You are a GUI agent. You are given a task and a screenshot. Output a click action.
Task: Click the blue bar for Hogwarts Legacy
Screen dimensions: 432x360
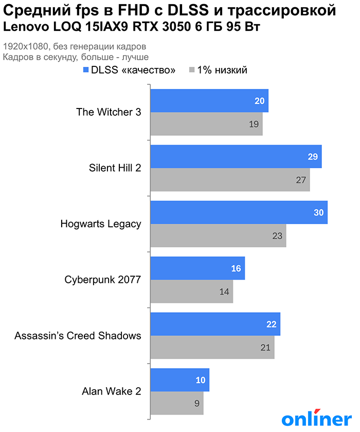pyautogui.click(x=239, y=212)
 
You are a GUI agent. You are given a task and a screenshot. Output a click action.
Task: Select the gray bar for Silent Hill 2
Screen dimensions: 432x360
pyautogui.click(x=230, y=180)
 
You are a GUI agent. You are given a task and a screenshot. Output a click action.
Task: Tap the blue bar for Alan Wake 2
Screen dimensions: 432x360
pyautogui.click(x=179, y=380)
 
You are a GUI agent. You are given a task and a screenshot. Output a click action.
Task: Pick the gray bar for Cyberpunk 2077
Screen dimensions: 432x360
pyautogui.click(x=191, y=292)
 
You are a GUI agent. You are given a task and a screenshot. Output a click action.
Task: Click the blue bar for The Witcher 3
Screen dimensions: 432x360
pyautogui.click(x=209, y=101)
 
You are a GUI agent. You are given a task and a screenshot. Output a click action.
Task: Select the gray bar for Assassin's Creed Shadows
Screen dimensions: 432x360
pyautogui.click(x=212, y=347)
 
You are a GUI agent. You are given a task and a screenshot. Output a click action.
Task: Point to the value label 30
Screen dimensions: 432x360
pyautogui.click(x=318, y=212)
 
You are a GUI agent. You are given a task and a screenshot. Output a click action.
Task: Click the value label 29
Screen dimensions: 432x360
pyautogui.click(x=312, y=157)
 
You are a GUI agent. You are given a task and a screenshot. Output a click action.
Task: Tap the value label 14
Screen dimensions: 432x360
pyautogui.click(x=224, y=292)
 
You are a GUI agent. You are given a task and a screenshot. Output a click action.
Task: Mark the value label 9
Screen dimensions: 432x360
pyautogui.click(x=197, y=403)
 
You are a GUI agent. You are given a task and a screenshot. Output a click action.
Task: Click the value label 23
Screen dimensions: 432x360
pyautogui.click(x=277, y=236)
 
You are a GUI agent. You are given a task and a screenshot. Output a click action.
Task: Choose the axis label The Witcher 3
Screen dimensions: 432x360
pyautogui.click(x=109, y=112)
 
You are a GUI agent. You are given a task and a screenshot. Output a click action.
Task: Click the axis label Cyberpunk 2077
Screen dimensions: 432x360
pyautogui.click(x=103, y=280)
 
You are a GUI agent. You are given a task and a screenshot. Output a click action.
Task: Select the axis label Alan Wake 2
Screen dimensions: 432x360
pyautogui.click(x=112, y=391)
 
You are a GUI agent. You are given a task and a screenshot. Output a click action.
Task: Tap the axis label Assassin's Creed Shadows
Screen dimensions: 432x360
pyautogui.click(x=78, y=336)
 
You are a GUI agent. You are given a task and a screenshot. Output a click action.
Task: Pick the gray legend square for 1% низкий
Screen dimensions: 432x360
pyautogui.click(x=192, y=70)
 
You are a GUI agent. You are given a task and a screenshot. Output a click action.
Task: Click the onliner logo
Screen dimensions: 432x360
pyautogui.click(x=316, y=418)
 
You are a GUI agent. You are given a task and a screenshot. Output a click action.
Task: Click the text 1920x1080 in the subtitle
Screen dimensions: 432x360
pyautogui.click(x=23, y=47)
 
